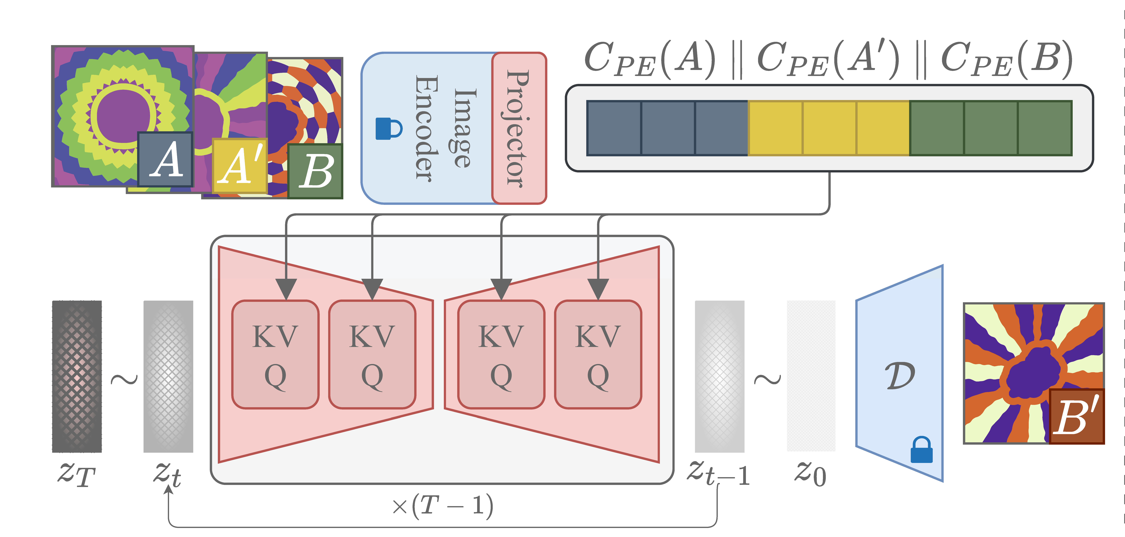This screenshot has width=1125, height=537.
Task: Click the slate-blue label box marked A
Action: (165, 159)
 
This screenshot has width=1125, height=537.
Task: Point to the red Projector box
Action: (519, 128)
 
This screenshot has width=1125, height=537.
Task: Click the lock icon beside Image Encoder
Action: (388, 128)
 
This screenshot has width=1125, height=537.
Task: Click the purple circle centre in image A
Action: (124, 115)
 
